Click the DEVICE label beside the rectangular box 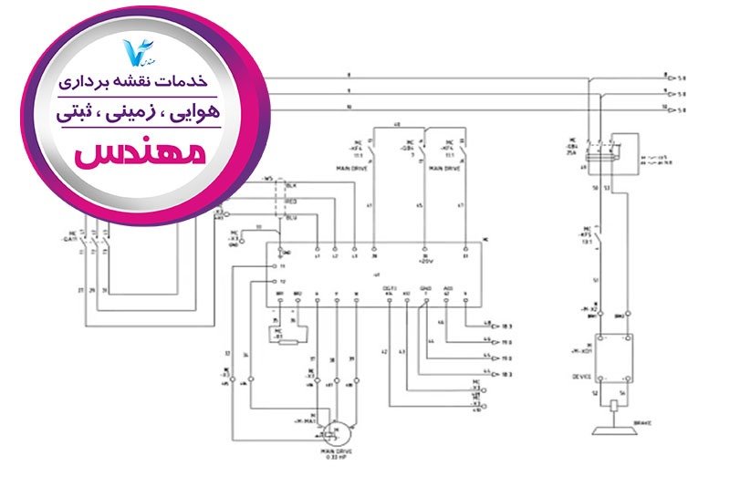point(581,376)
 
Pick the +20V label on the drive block point(424,260)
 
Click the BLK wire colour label point(292,185)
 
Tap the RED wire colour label point(292,202)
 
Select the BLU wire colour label point(292,217)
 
